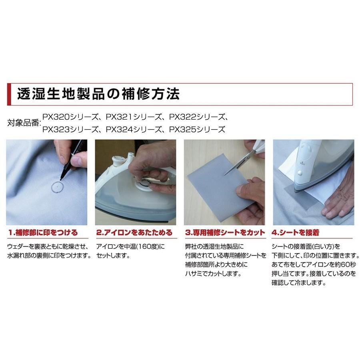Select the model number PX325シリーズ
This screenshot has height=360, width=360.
tap(197, 130)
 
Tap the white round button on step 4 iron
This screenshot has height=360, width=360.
tap(298, 173)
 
